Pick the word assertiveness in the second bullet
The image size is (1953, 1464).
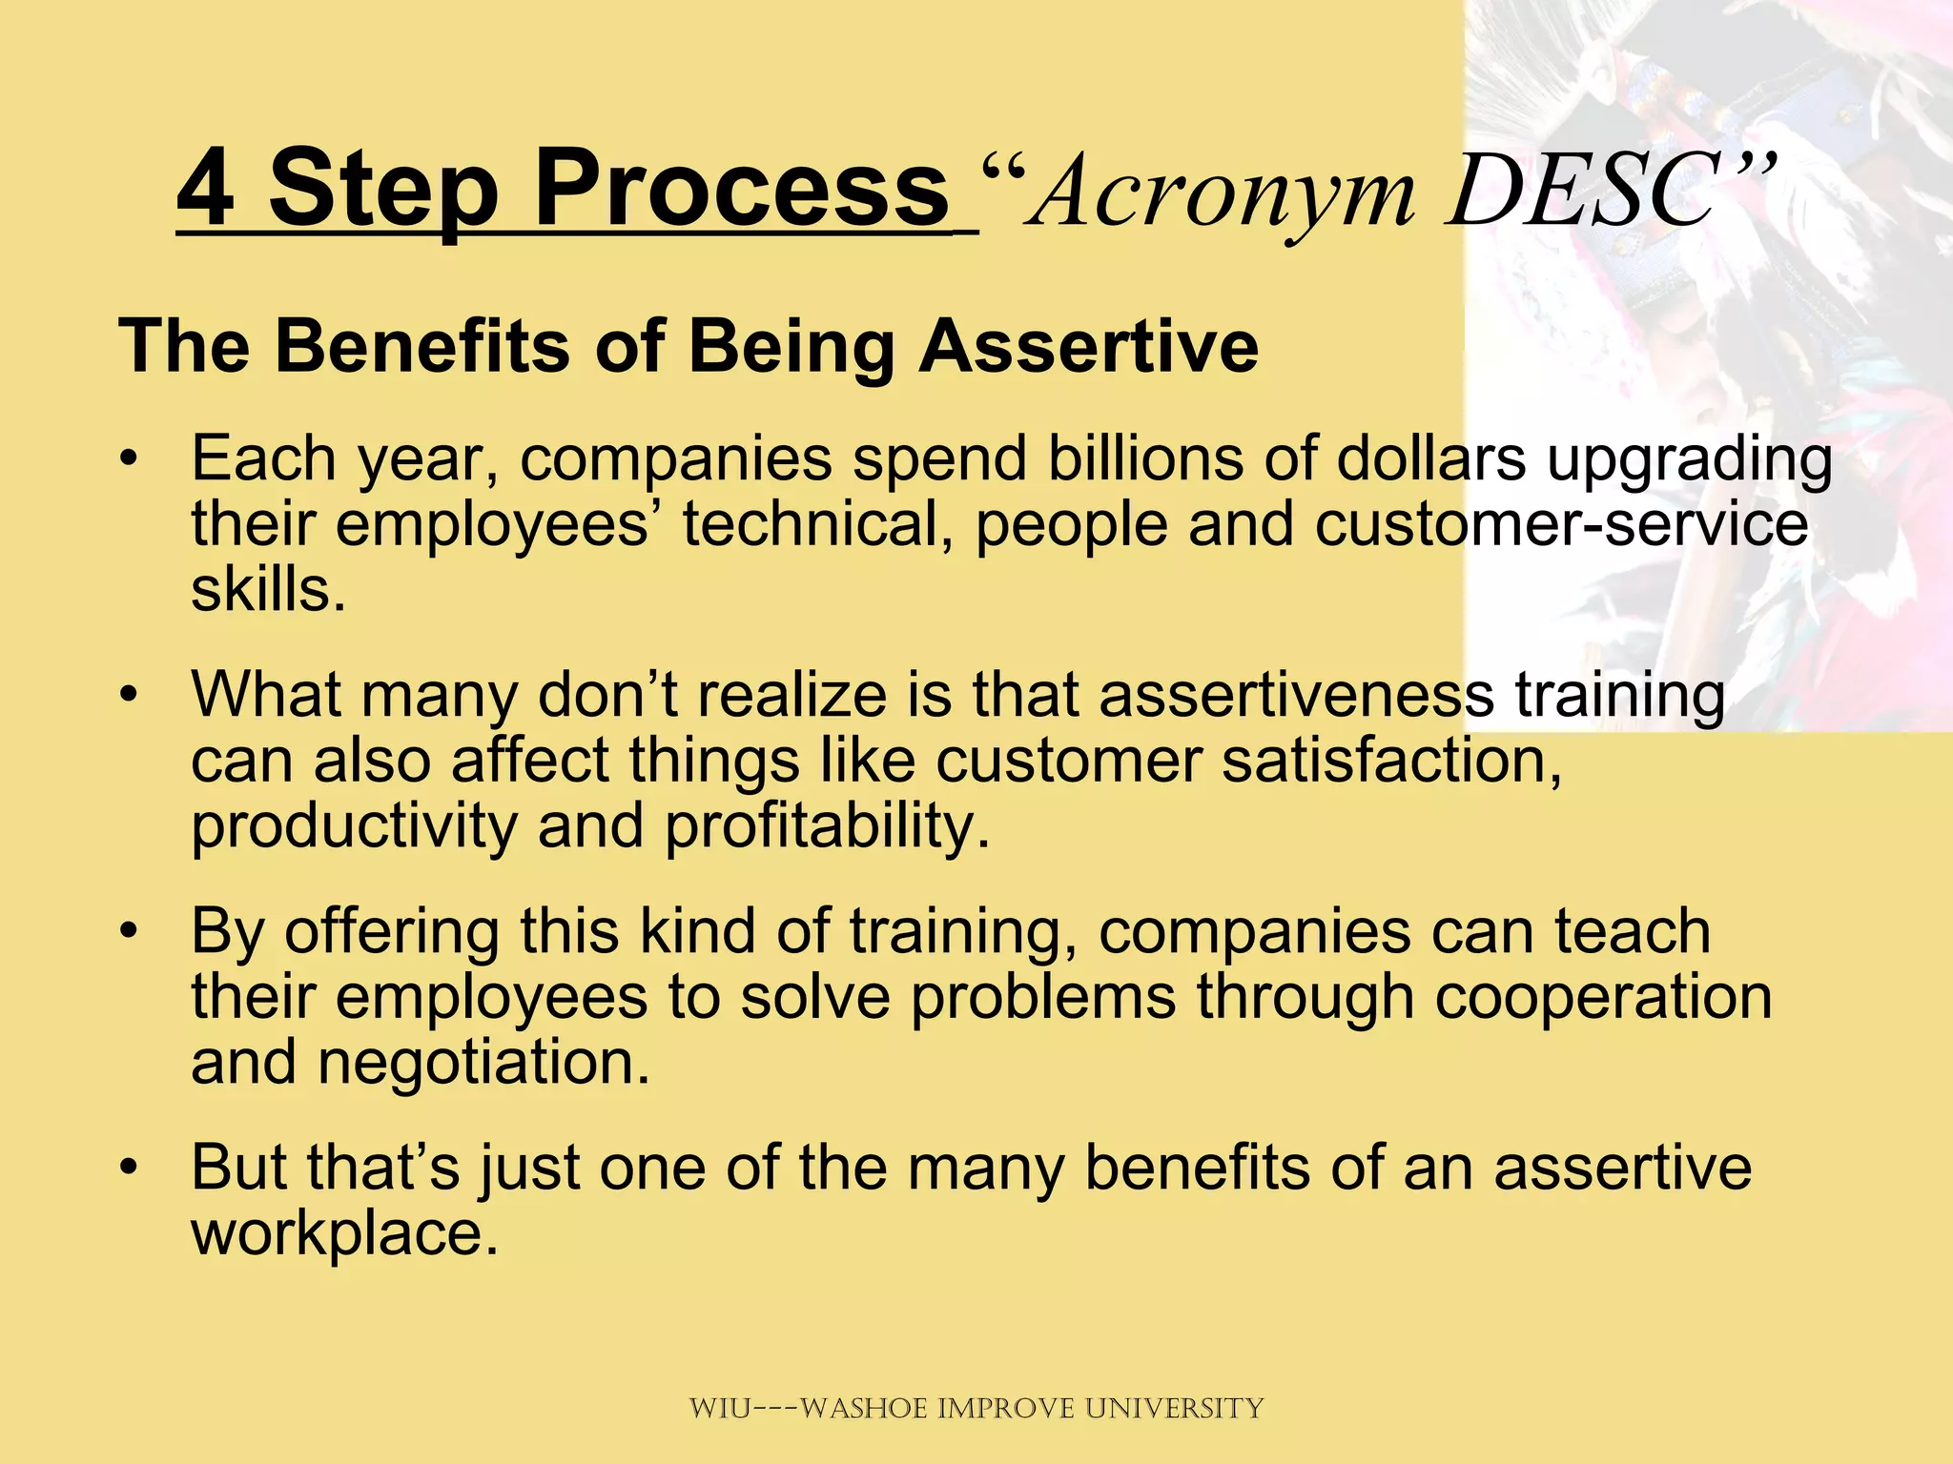(x=1295, y=694)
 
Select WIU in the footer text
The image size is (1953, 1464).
(x=720, y=1408)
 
